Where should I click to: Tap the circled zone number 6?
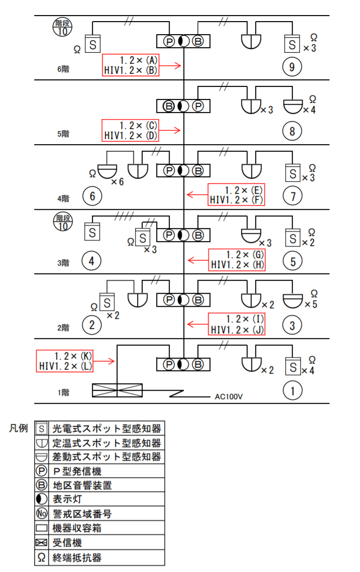(x=91, y=196)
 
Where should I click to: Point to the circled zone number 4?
(x=91, y=261)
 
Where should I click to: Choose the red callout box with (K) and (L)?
(x=65, y=361)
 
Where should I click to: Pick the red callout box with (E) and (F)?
(x=236, y=195)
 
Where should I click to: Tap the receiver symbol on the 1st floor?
(x=117, y=390)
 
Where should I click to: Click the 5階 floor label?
(x=63, y=134)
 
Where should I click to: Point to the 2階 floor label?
(x=63, y=327)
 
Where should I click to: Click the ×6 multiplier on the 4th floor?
(x=117, y=181)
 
